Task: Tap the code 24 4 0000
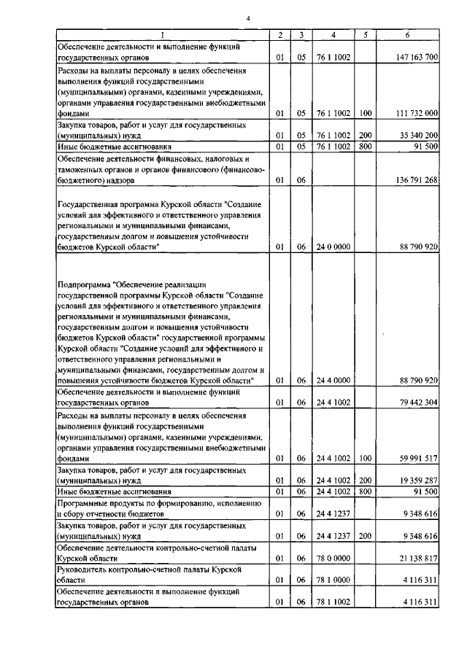pyautogui.click(x=333, y=380)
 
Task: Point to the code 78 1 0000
pyautogui.click(x=333, y=581)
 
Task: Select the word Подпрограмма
pyautogui.click(x=85, y=282)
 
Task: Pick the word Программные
pyautogui.click(x=87, y=503)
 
